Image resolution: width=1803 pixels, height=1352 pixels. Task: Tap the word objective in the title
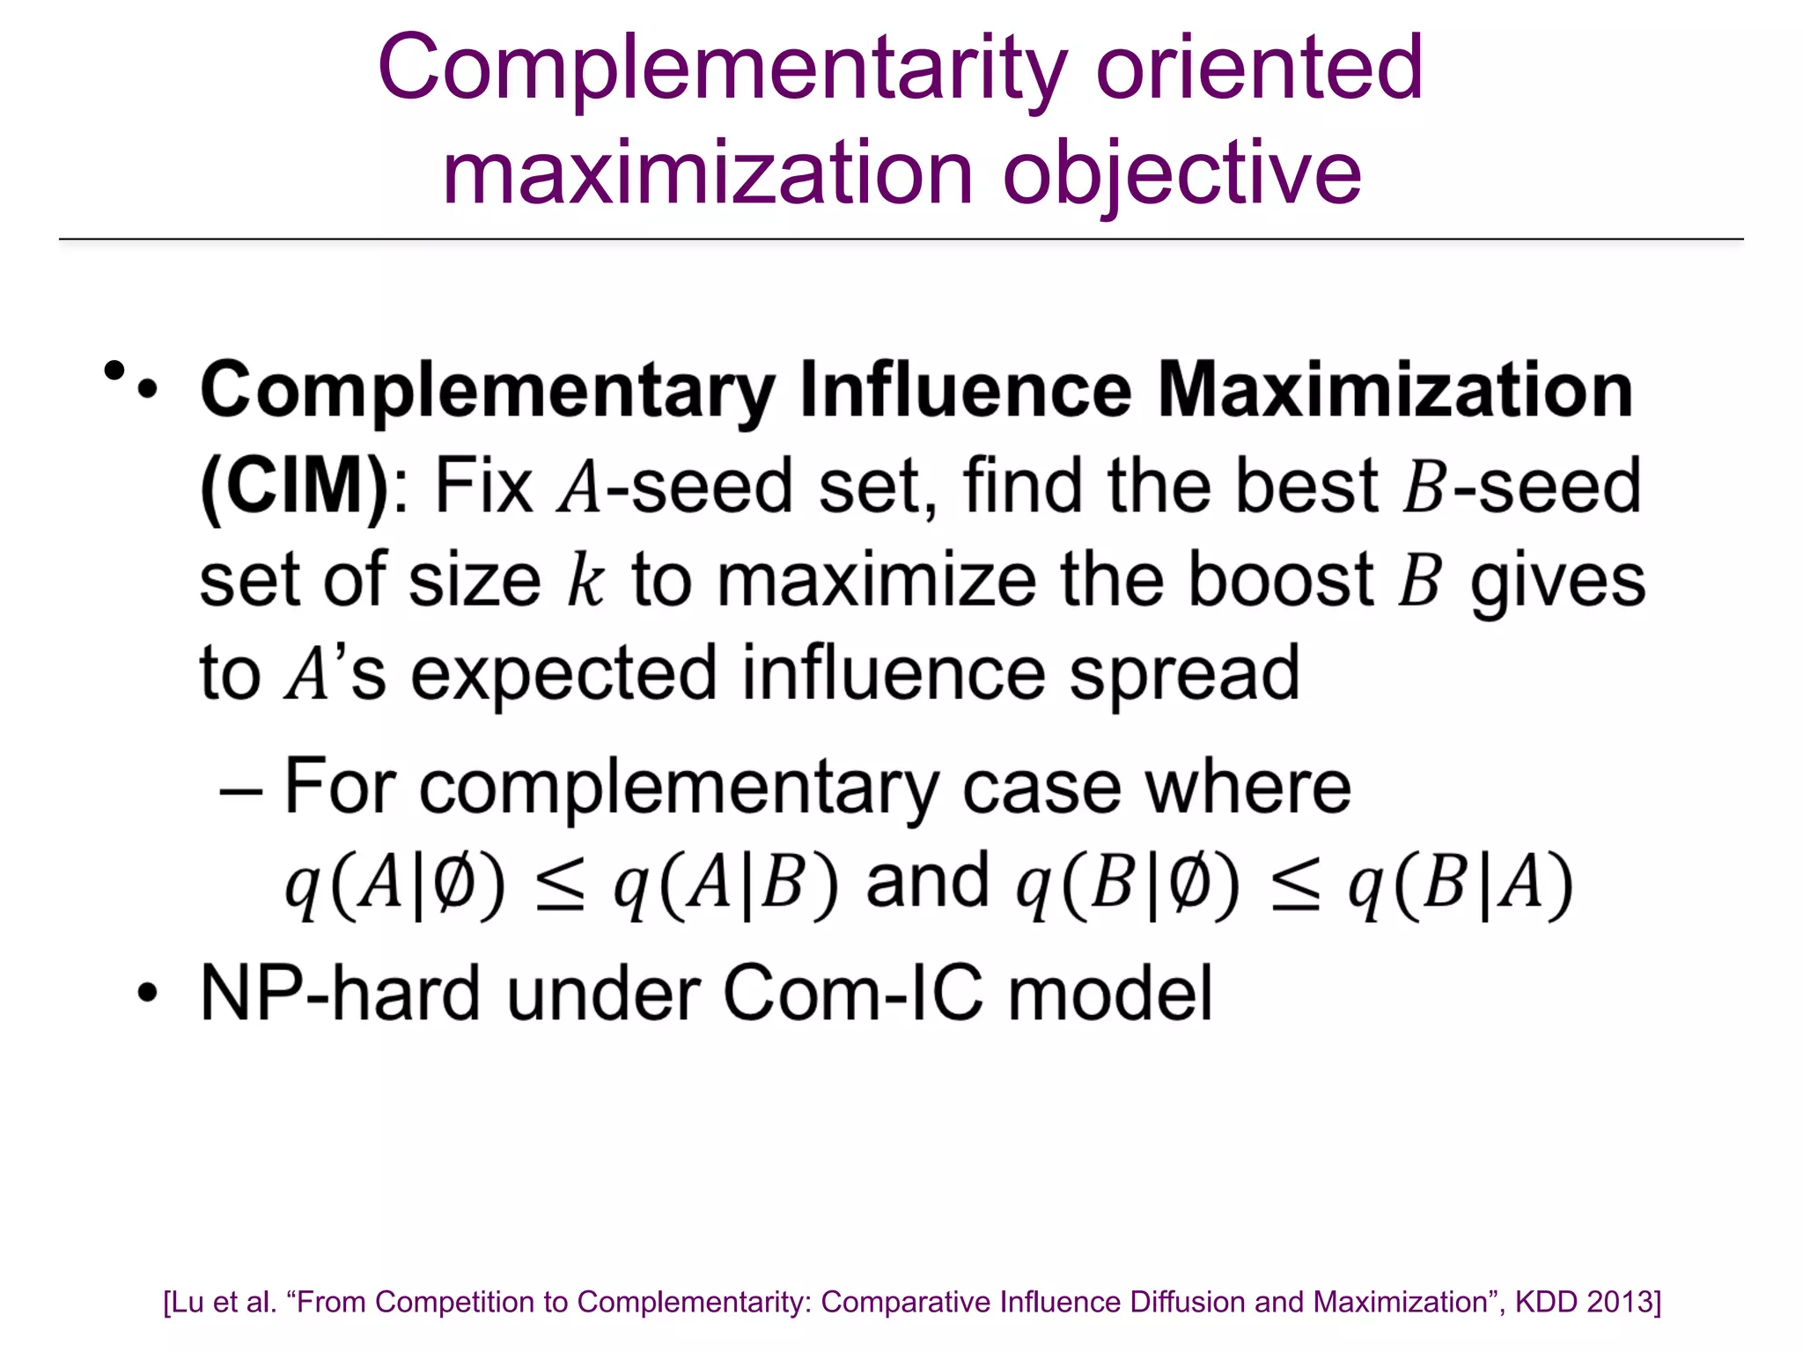1181,173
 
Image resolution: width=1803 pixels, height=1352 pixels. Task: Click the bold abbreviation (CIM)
294,486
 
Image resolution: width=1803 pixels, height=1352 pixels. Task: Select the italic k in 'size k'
585,581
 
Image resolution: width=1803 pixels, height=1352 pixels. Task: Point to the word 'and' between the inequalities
927,883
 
